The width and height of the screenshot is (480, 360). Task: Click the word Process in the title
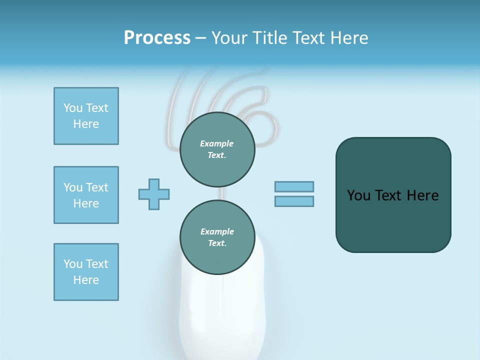pos(157,38)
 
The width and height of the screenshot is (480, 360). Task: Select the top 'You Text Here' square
pos(86,116)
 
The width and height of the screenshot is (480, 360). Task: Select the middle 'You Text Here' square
pos(86,195)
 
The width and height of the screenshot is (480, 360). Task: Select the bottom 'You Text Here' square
pos(86,272)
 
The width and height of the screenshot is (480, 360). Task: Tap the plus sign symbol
pos(154,194)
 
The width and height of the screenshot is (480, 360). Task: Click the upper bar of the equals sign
pos(294,186)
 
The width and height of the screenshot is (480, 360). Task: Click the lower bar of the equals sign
pos(294,201)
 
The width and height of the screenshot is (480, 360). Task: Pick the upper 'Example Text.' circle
pos(217,149)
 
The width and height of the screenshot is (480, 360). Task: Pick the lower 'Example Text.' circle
pos(217,237)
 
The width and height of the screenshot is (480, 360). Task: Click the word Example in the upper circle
pos(217,143)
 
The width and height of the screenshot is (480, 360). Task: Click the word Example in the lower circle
pos(217,231)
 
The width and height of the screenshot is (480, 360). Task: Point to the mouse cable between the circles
pos(217,193)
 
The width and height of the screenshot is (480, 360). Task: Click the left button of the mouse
pos(202,295)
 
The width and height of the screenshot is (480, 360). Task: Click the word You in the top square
pos(73,108)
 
